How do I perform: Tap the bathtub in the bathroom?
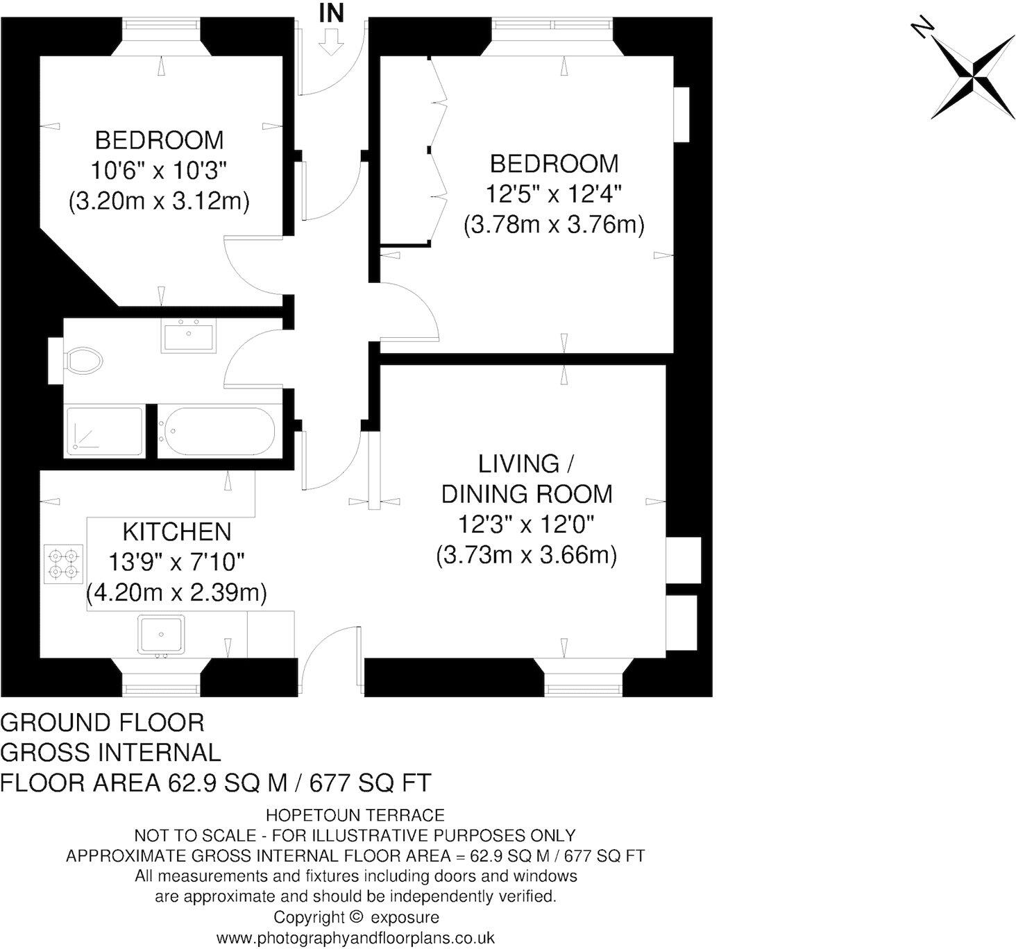(x=217, y=432)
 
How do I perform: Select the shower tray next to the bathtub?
(x=104, y=432)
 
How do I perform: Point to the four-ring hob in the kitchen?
(x=64, y=563)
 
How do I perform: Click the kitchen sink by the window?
(x=160, y=634)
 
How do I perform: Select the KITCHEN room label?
(x=176, y=532)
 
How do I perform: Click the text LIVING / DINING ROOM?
(x=527, y=479)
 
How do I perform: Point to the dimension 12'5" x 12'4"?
(x=552, y=195)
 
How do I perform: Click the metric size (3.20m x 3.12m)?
(x=159, y=201)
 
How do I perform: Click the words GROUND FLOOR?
(x=103, y=723)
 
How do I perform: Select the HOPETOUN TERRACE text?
(x=355, y=815)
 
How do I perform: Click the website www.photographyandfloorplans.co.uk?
(x=355, y=939)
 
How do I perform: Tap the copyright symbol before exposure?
(x=357, y=917)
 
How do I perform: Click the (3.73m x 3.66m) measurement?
(x=527, y=556)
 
